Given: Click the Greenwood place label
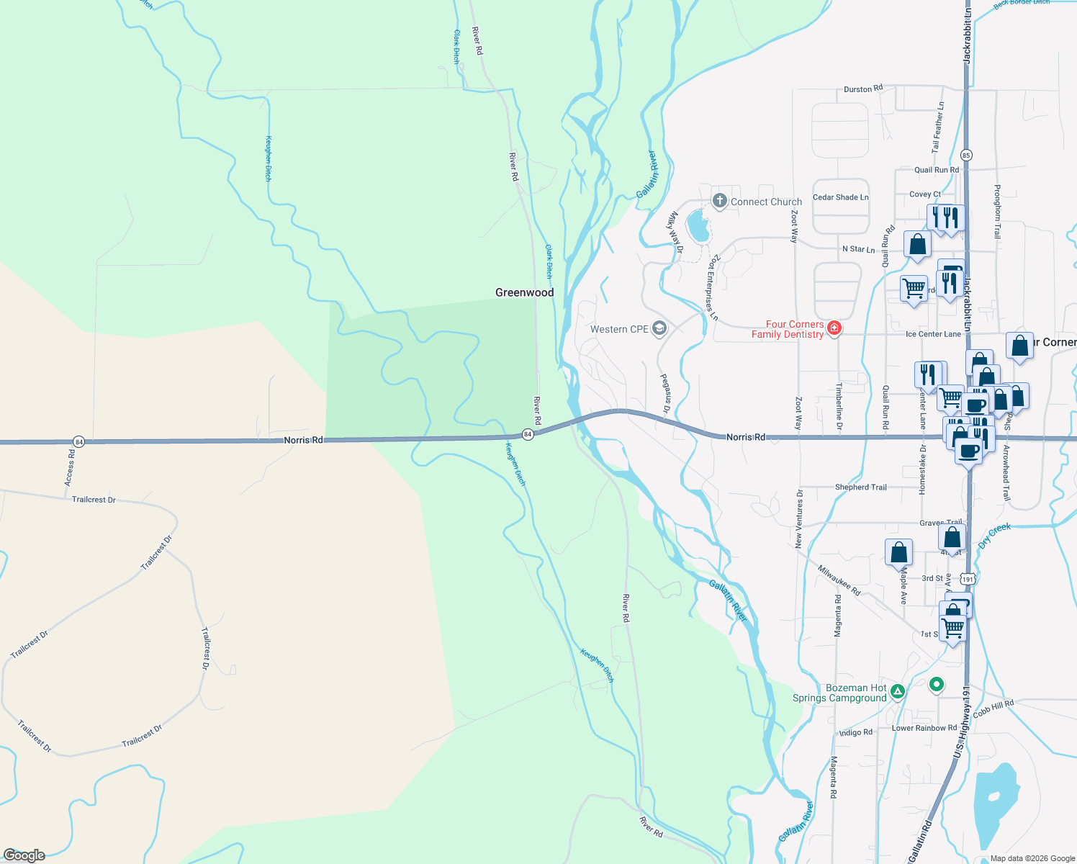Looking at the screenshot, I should click(524, 292).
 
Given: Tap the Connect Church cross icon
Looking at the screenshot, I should click(719, 202).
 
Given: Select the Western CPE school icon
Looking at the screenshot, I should click(659, 329).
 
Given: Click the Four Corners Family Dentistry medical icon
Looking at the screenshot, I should click(834, 329).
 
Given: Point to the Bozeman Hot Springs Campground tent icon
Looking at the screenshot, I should click(897, 693).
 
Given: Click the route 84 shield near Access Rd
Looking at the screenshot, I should click(79, 441).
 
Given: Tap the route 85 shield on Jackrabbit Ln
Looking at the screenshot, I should click(966, 155).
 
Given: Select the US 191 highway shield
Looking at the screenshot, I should click(968, 579).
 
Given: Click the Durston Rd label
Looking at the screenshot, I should click(862, 89).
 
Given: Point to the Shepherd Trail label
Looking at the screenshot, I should click(860, 487).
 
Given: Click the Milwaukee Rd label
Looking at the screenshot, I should click(839, 580).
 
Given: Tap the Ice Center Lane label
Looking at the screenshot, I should click(933, 334).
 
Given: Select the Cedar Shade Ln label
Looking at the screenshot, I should click(840, 197).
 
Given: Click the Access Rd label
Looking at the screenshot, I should click(70, 467).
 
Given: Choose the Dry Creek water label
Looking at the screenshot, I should click(995, 535).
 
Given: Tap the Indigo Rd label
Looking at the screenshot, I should click(855, 732).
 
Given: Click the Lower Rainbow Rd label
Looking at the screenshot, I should click(924, 728).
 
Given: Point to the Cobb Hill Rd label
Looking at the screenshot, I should click(993, 709).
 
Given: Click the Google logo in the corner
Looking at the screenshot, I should click(24, 855).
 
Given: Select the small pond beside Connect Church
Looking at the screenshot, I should click(697, 226).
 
